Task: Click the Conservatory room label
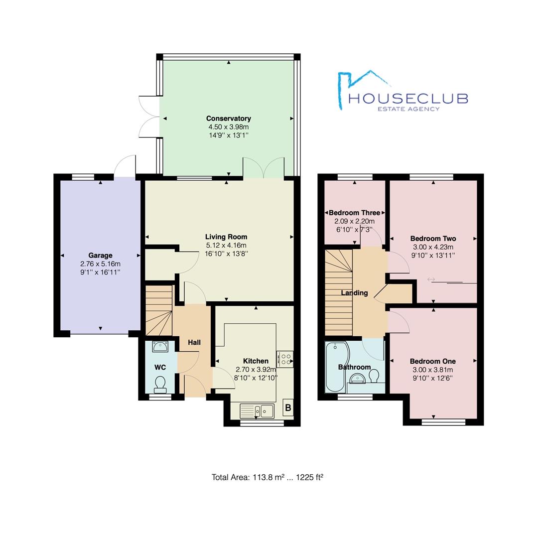pos(229,119)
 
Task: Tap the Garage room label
pos(100,255)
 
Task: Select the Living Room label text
pos(226,237)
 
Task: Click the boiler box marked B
pos(288,407)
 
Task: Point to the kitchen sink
pos(257,410)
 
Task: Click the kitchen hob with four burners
pos(285,359)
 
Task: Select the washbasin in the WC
pos(160,347)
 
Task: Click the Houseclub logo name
pos(408,99)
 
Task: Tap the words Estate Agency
pos(408,109)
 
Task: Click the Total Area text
pos(268,477)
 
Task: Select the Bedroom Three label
pos(355,213)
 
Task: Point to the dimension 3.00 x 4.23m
pos(433,247)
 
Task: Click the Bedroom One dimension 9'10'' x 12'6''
pos(433,378)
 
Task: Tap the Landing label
pos(355,293)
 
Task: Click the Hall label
pos(194,342)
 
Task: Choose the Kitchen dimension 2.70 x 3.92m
pos(256,370)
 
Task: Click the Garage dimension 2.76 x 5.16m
pos(100,264)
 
